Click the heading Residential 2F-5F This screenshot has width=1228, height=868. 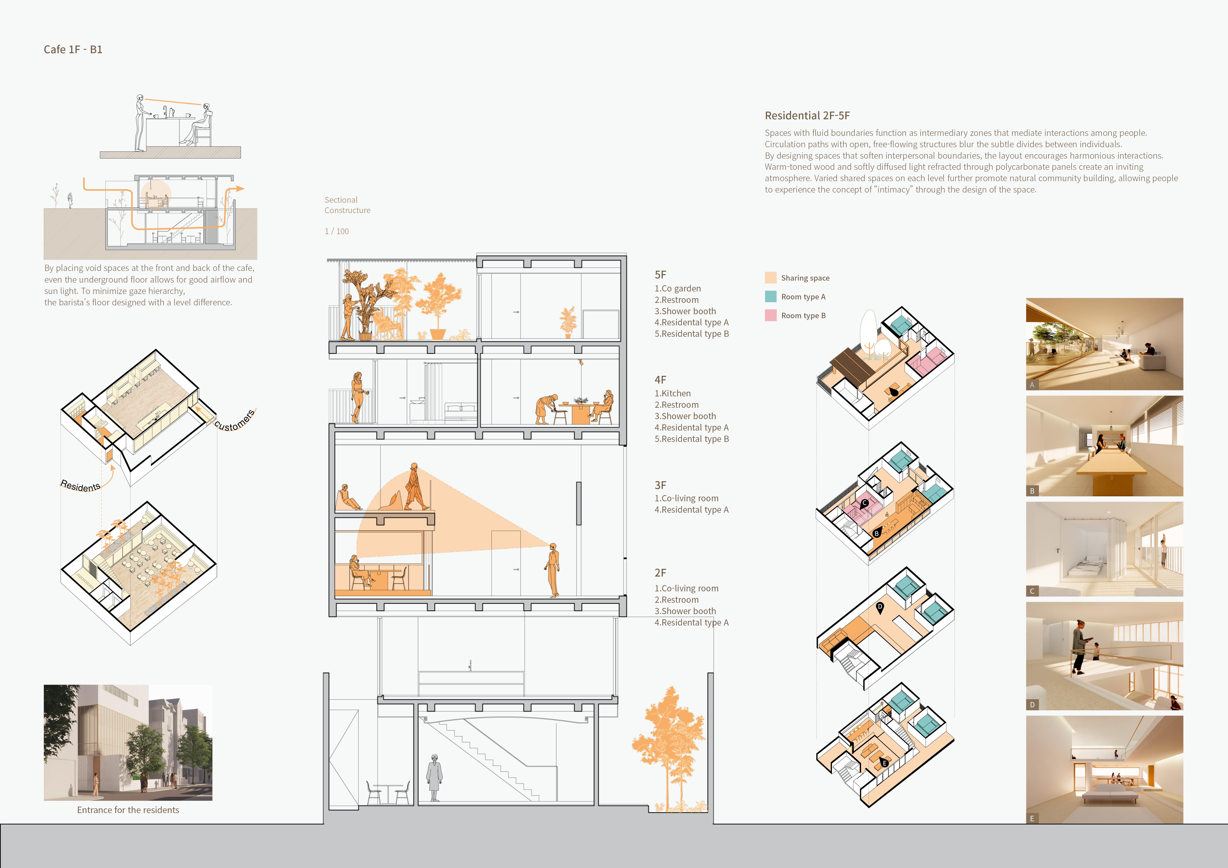pos(807,116)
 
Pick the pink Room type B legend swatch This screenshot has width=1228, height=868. pos(771,315)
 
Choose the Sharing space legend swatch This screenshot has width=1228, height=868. pos(771,277)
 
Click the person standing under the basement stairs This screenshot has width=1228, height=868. pos(434,778)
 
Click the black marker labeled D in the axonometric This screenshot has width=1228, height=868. pos(880,607)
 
